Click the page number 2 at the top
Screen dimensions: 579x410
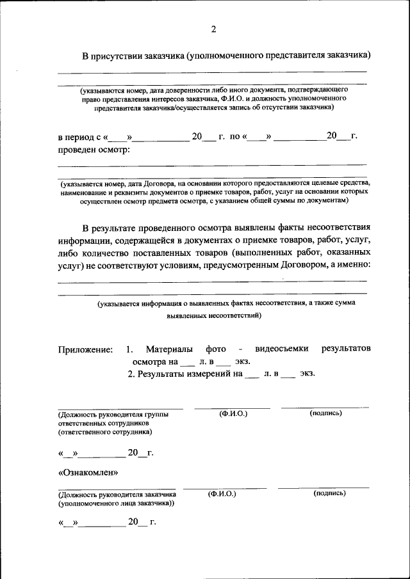click(x=214, y=29)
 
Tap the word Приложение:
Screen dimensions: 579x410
click(x=85, y=349)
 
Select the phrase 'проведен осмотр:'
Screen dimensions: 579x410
click(x=94, y=150)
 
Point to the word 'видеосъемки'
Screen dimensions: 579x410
click(x=282, y=349)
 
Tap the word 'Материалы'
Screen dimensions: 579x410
click(x=168, y=349)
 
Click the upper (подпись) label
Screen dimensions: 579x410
click(x=325, y=413)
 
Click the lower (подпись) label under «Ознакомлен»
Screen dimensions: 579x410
click(x=330, y=493)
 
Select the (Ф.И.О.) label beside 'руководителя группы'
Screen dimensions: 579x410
click(x=233, y=413)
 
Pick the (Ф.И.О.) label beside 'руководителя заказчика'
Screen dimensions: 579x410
click(x=222, y=494)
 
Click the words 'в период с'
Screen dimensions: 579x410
click(x=79, y=137)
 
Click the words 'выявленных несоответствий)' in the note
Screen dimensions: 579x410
click(x=213, y=315)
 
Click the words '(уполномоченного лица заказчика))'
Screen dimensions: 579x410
click(x=116, y=504)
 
